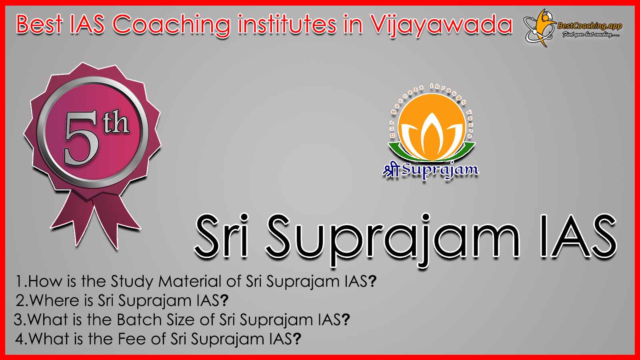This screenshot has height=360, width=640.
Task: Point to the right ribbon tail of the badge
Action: point(117,220)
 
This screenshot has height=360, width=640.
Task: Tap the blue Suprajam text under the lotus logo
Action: point(440,170)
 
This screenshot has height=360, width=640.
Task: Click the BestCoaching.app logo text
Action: point(590,26)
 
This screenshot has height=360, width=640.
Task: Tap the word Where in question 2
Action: point(62,300)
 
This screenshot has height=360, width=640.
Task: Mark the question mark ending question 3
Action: point(346,320)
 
